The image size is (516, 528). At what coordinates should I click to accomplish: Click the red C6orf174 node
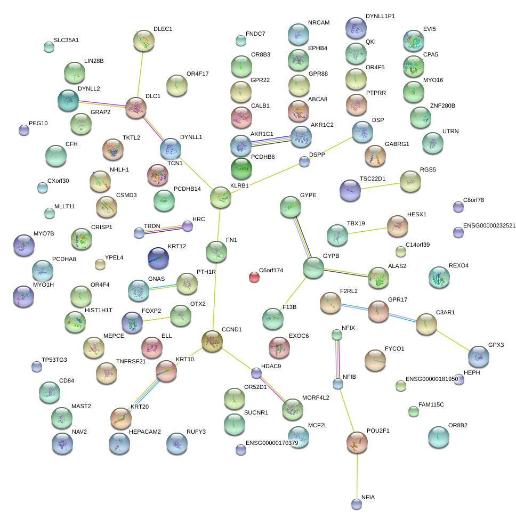[254, 277]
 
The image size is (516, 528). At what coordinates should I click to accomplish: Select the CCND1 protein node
[212, 341]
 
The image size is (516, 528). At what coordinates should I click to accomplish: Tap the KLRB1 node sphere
[221, 197]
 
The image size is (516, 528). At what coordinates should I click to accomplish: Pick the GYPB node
[313, 268]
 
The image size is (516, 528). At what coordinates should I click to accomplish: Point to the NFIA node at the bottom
[357, 503]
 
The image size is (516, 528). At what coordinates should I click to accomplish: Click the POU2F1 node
[357, 442]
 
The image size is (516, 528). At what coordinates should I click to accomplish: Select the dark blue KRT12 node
[158, 258]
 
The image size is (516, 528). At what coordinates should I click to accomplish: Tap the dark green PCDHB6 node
[241, 168]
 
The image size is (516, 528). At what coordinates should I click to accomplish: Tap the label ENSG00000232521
[489, 225]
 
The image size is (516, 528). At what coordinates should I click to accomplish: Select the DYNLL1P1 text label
[380, 17]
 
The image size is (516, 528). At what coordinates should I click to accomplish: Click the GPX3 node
[478, 357]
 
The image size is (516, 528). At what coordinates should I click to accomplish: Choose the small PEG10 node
[23, 129]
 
